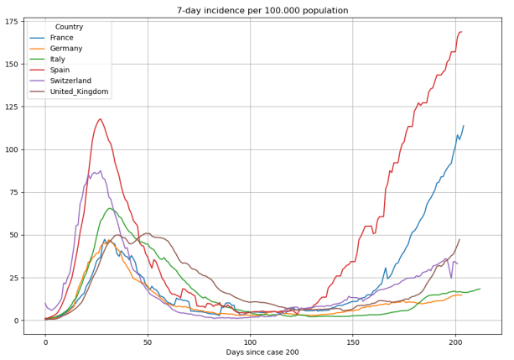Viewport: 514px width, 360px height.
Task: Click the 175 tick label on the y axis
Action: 11,21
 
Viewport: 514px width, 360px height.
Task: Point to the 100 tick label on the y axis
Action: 11,149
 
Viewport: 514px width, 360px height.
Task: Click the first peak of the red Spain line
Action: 100,118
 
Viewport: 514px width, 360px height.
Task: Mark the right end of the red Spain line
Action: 461,32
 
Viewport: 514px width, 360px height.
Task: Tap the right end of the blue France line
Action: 464,126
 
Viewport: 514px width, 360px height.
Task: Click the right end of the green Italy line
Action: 480,289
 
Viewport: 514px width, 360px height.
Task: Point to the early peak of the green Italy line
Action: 109,208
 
